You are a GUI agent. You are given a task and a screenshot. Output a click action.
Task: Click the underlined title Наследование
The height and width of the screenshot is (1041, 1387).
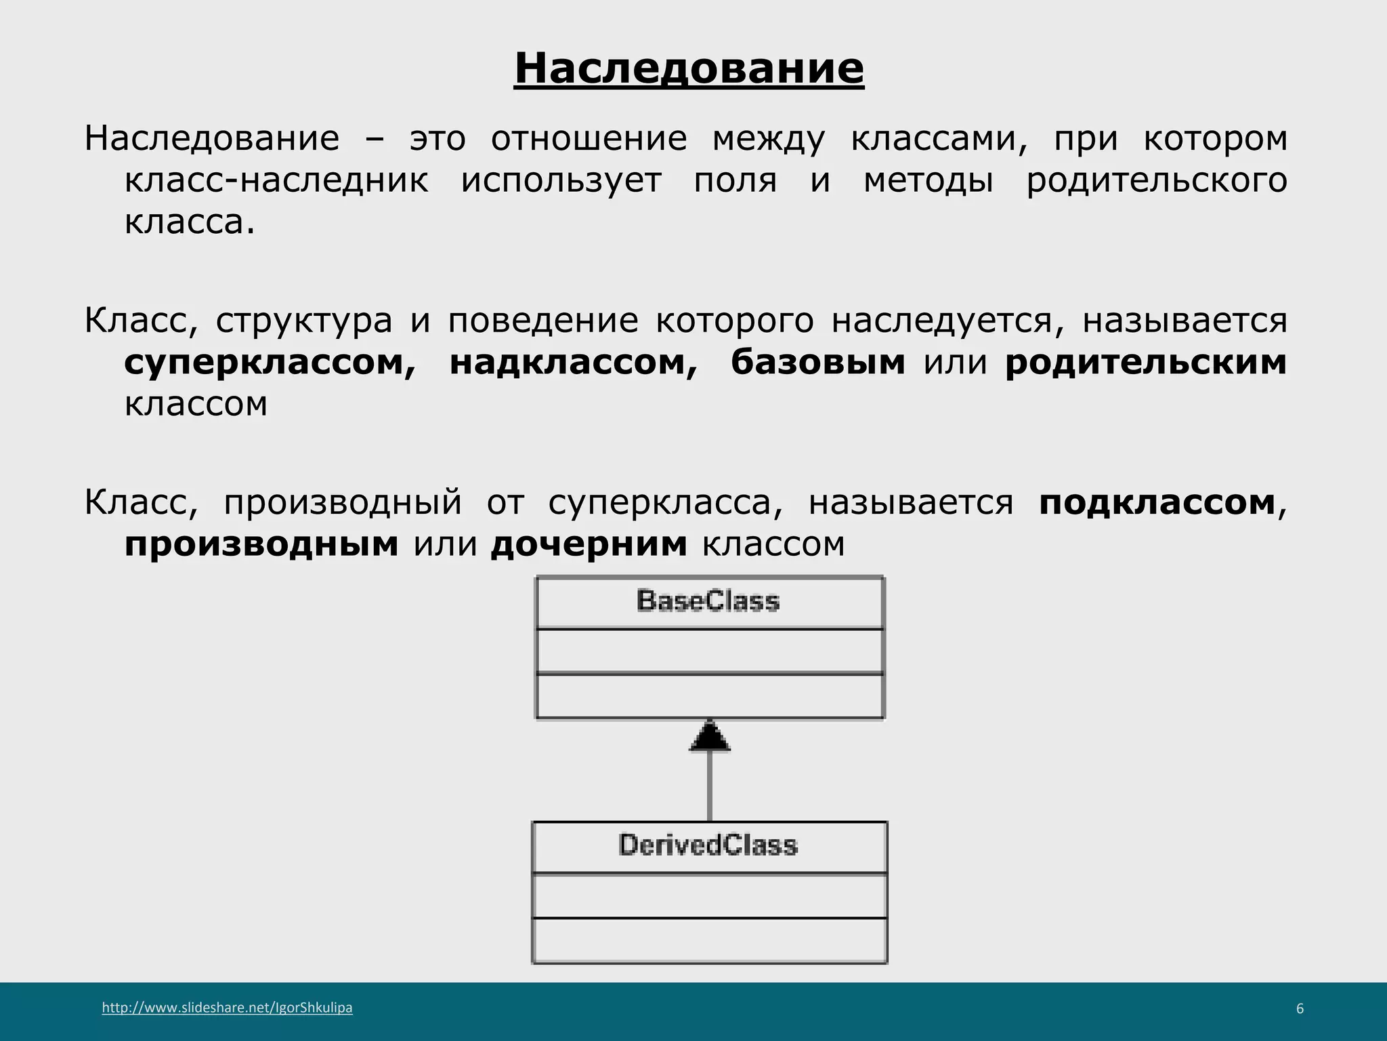[x=689, y=68]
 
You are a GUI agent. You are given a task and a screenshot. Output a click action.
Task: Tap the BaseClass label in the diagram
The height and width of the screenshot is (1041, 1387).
[x=708, y=602]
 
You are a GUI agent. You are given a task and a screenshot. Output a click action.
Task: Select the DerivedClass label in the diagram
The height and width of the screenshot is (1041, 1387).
[x=708, y=846]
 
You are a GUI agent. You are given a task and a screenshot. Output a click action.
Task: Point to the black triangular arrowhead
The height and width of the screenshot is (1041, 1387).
[x=710, y=737]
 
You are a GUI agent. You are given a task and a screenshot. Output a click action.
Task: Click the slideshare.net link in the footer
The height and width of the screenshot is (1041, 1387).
[x=227, y=1008]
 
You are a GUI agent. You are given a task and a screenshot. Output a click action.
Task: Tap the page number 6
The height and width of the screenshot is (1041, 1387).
[x=1300, y=1008]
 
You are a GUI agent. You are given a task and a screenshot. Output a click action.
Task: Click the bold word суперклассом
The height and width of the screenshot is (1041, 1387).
[x=270, y=363]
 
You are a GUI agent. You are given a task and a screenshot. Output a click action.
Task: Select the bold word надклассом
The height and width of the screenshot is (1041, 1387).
[x=573, y=363]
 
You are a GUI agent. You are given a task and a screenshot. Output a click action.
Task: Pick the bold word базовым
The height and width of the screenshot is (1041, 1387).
[x=818, y=363]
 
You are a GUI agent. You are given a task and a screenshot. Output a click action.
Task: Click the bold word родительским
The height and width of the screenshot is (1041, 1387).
[x=1145, y=363]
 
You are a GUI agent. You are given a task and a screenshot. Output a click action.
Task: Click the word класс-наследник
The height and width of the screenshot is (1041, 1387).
[x=276, y=181]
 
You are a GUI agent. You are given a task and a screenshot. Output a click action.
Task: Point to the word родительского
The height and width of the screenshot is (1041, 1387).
[x=1157, y=181]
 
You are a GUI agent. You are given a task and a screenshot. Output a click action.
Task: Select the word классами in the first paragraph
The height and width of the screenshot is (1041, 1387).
[x=939, y=139]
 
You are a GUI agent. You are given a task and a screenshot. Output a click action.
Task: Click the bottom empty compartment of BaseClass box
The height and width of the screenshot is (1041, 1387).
[x=710, y=696]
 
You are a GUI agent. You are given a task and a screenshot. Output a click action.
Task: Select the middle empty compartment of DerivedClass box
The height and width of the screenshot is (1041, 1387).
[x=710, y=895]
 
